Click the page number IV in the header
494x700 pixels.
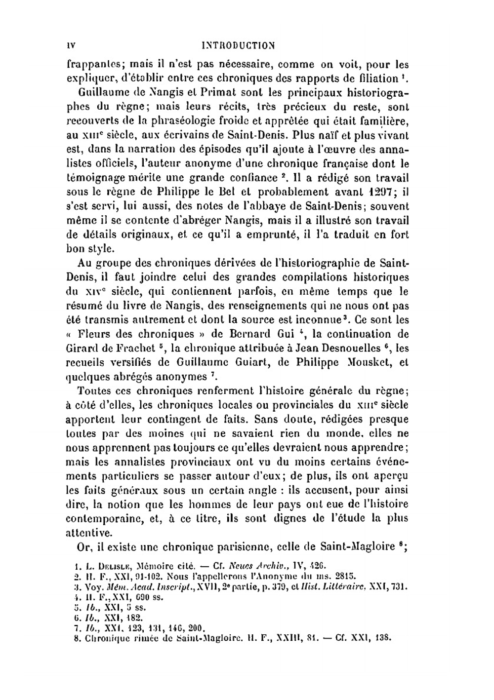pos(70,46)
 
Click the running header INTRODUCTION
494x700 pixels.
pos(239,46)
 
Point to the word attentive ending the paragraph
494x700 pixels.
pos(89,533)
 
